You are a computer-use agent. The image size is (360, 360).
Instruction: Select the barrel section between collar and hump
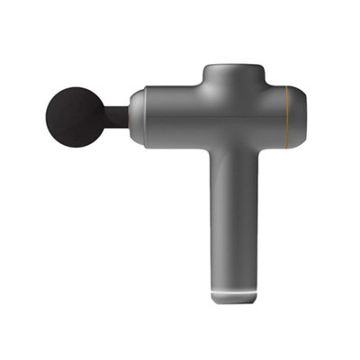tap(171, 112)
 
